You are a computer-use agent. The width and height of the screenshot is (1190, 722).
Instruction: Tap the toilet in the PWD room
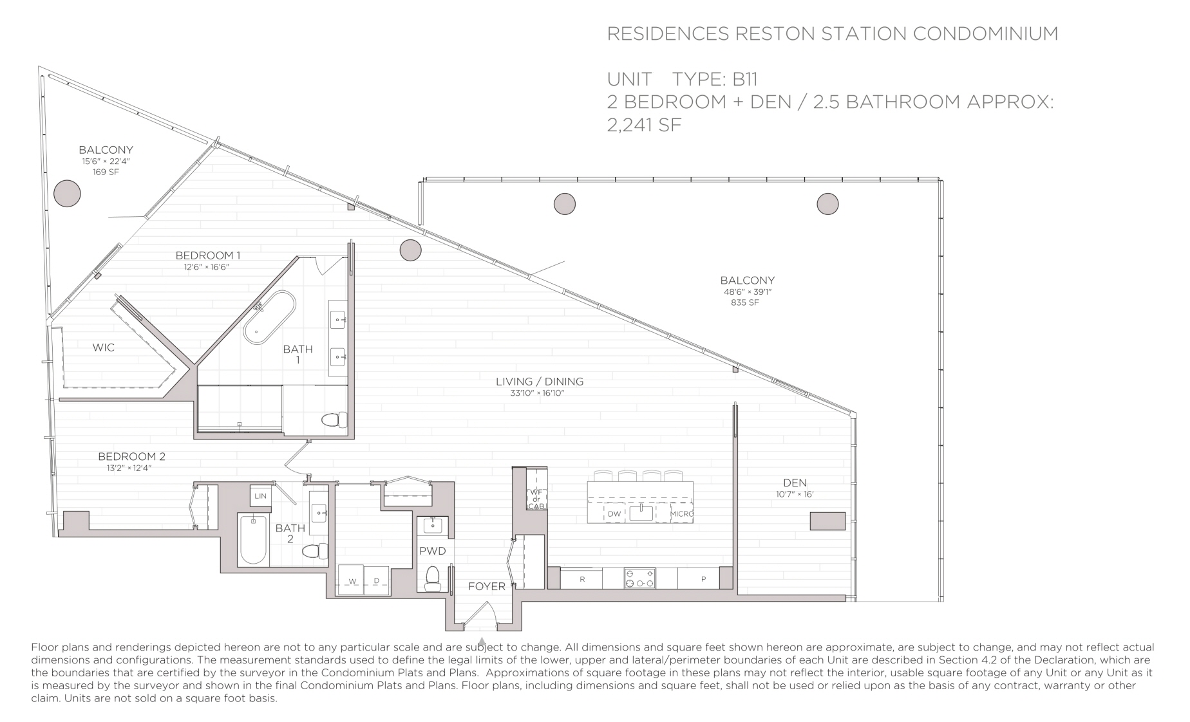coord(433,577)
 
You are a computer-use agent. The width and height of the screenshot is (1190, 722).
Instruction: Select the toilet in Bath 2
coord(315,551)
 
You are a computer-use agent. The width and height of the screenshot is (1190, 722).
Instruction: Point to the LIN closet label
coord(260,496)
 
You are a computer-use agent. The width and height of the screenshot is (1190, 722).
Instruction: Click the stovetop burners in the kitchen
coord(639,578)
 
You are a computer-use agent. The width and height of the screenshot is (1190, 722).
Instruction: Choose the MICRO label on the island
coord(682,514)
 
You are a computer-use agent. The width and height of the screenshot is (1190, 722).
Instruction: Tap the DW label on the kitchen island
coord(614,514)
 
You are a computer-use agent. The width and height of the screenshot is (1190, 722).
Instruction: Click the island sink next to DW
coord(641,513)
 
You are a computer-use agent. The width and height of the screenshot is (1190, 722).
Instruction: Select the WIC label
coord(104,347)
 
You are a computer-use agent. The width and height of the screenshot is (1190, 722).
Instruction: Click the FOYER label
coord(487,586)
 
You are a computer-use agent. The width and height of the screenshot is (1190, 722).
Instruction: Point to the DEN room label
coord(795,483)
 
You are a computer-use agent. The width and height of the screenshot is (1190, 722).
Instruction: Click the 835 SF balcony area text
coord(745,302)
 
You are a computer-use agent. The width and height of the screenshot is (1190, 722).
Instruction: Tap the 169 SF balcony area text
coord(106,172)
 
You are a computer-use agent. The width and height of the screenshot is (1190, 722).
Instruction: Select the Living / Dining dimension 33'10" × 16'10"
coord(538,393)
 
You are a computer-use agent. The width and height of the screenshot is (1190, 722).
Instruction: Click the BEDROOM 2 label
coord(132,456)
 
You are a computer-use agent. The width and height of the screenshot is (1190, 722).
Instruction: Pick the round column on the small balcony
coord(67,193)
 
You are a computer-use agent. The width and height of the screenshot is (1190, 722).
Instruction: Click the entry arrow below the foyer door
coord(482,641)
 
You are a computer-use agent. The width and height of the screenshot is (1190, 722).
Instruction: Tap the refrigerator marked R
coord(582,579)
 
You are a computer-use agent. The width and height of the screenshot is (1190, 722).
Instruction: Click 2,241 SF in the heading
coord(644,124)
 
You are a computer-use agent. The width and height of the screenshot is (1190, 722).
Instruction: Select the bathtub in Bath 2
coord(253,539)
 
